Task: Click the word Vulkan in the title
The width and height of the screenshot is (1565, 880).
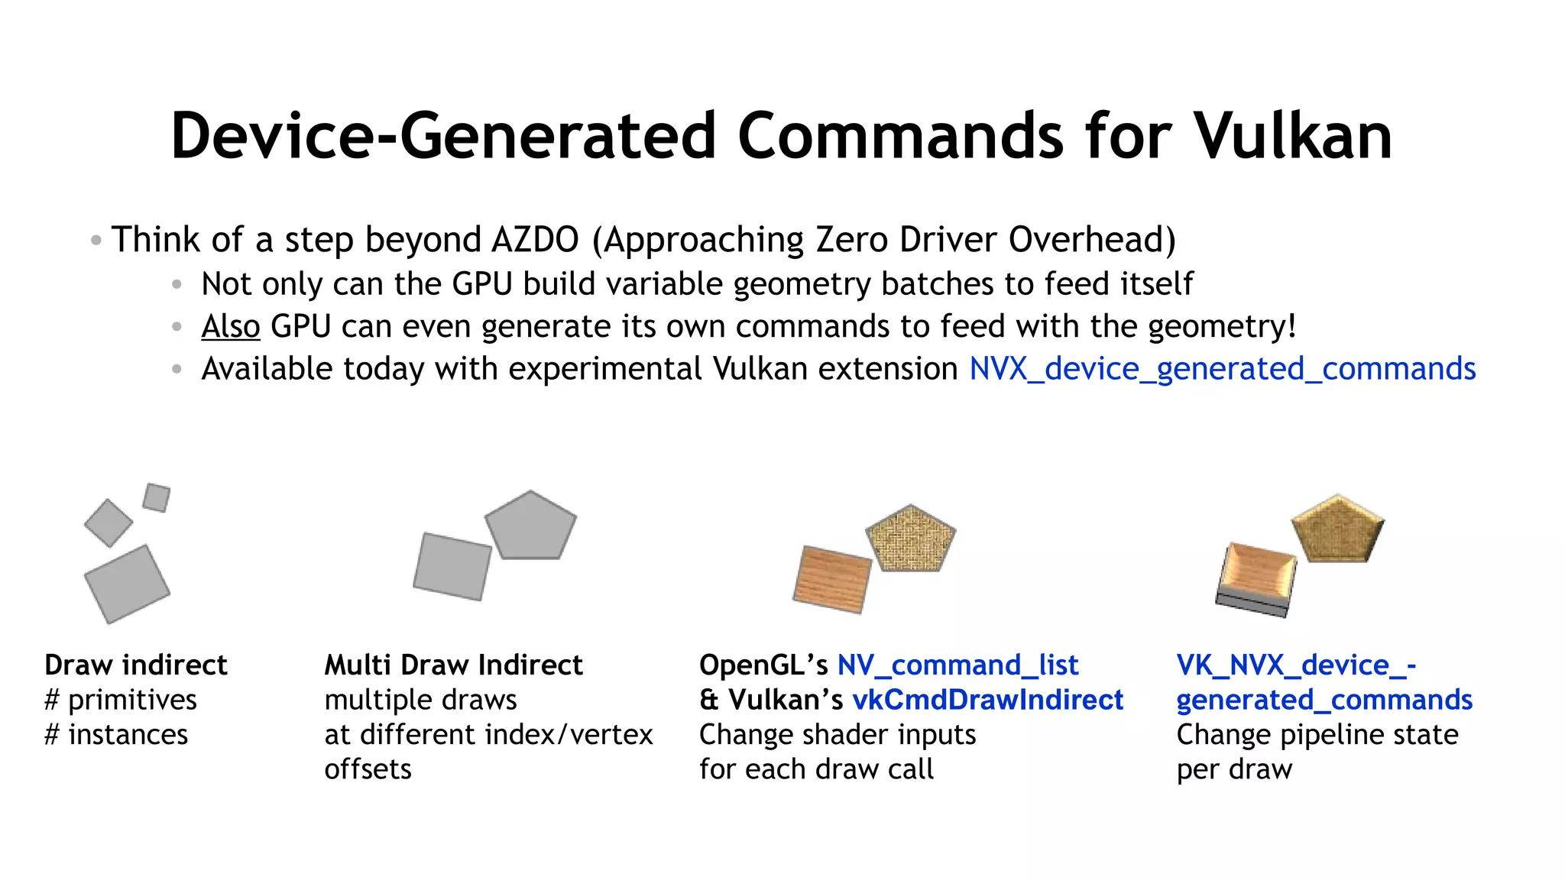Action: pos(1293,136)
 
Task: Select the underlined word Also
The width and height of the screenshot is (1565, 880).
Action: pos(231,326)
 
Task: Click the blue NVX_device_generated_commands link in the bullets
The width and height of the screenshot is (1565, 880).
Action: pos(1222,369)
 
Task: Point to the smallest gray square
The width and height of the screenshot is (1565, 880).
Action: pos(157,497)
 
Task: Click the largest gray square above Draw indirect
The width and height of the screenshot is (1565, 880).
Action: pos(127,584)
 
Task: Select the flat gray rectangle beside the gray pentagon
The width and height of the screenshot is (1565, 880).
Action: pos(452,566)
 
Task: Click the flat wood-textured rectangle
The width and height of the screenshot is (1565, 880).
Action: pos(832,580)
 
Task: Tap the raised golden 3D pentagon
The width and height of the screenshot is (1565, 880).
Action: pos(1337,529)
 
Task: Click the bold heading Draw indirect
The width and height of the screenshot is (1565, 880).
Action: pos(136,665)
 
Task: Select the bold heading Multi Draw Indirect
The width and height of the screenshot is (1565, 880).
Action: pos(453,665)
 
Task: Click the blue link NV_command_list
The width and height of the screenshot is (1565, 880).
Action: pos(957,665)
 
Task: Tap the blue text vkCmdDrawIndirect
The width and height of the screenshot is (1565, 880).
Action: pos(987,700)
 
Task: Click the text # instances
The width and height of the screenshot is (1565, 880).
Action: pos(116,735)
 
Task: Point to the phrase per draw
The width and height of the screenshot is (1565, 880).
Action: pos(1234,769)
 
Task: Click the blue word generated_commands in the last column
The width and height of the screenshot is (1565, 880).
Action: pos(1324,700)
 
